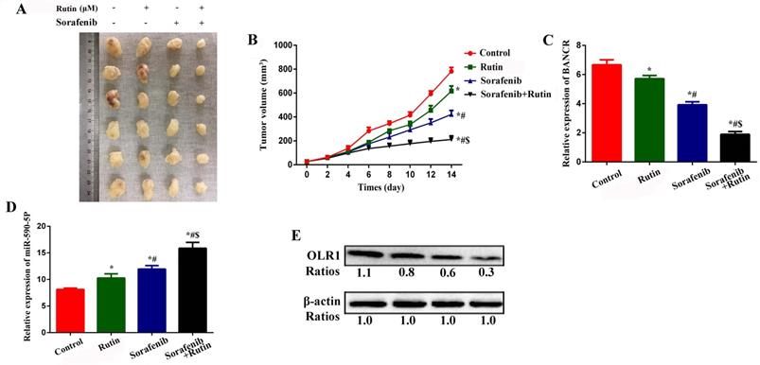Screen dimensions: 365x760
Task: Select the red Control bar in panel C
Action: pos(583,113)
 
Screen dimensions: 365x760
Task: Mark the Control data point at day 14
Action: pos(451,71)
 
